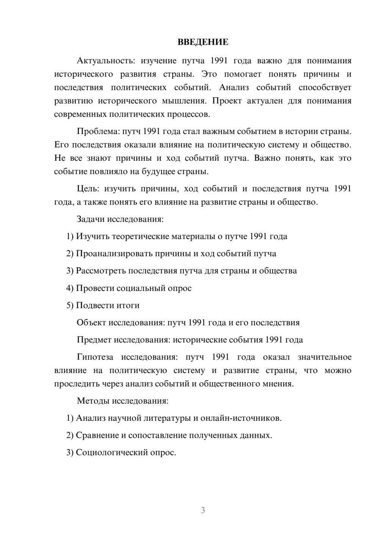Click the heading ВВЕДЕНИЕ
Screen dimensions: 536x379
coord(203,42)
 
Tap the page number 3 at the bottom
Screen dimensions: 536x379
coord(203,510)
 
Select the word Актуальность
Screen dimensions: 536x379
coord(105,61)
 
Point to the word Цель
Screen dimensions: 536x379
coord(88,189)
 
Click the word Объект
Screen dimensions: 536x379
coord(91,323)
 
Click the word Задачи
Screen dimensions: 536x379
coord(91,219)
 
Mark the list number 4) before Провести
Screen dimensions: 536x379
coord(70,288)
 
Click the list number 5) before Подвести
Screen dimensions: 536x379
coord(70,306)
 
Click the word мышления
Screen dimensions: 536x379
coord(184,101)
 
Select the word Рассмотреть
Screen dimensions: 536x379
coord(101,271)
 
